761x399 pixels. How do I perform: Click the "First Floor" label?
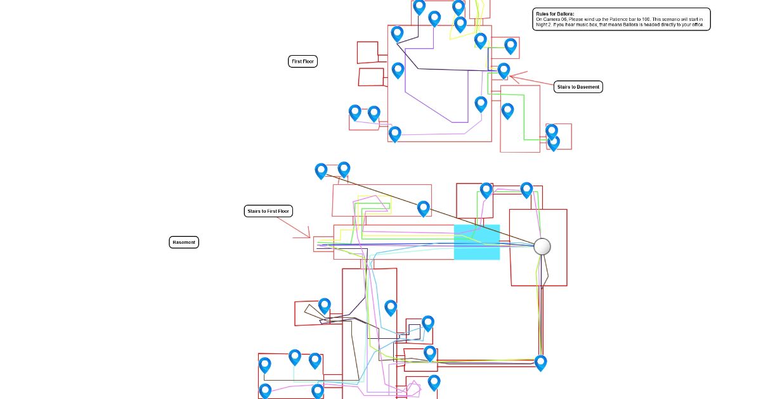tap(302, 61)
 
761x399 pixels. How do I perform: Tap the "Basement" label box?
tap(184, 242)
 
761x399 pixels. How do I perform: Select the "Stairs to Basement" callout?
tap(578, 87)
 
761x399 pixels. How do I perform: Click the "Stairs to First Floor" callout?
tap(268, 211)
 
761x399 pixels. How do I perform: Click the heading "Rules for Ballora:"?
tap(555, 13)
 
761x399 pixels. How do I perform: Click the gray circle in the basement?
tap(542, 246)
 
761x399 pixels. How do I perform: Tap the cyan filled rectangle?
tap(477, 242)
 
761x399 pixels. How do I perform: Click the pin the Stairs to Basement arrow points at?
tap(504, 70)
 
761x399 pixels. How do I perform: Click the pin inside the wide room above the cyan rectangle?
tap(423, 208)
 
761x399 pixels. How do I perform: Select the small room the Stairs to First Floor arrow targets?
tap(323, 244)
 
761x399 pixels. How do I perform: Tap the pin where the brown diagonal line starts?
tap(321, 170)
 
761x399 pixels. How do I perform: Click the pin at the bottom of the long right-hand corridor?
tap(540, 362)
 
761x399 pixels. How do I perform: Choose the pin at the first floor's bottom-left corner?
tap(395, 134)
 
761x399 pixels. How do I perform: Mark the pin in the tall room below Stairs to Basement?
tap(507, 111)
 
